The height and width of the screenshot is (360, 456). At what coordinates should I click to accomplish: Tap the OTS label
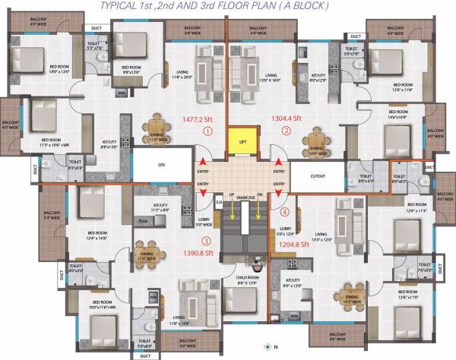click(162, 164)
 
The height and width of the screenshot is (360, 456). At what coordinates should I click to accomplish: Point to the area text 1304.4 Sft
click(287, 118)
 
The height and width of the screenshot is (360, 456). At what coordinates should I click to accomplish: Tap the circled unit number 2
click(287, 131)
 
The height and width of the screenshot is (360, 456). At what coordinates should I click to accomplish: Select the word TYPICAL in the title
click(122, 7)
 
